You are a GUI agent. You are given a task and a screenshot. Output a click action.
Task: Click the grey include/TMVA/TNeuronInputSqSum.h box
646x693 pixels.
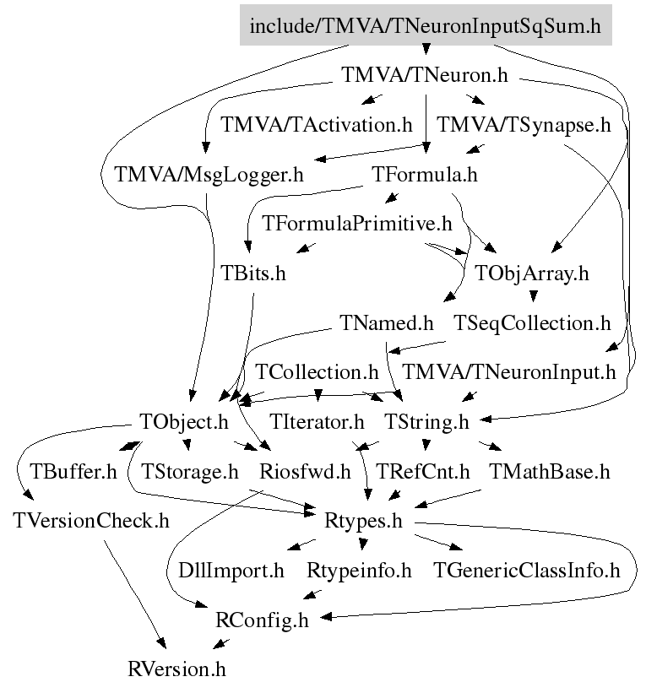[x=426, y=25]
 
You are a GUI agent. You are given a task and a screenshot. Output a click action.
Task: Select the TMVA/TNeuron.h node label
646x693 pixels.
[x=425, y=74]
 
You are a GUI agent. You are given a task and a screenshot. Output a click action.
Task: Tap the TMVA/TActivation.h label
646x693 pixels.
[x=317, y=125]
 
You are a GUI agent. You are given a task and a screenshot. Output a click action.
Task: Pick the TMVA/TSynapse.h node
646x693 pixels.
[x=524, y=125]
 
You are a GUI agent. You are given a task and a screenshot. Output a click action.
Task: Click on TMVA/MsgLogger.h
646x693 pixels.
[x=209, y=175]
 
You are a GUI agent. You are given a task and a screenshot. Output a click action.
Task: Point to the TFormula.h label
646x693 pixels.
[x=425, y=175]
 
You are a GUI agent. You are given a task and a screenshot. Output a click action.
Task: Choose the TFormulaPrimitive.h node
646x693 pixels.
[x=357, y=224]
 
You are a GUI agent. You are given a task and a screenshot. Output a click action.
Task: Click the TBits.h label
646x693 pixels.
[x=253, y=273]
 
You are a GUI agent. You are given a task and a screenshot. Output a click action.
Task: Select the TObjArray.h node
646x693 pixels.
[x=532, y=273]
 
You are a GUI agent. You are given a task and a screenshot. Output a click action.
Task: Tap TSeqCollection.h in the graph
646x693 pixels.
[x=532, y=323]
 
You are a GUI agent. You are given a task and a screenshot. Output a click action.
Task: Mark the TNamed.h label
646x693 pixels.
[x=387, y=323]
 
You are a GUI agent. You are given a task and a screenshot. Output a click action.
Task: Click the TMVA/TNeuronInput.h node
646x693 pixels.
[x=509, y=372]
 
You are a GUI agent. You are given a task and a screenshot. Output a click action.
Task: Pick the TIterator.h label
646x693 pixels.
[x=317, y=422]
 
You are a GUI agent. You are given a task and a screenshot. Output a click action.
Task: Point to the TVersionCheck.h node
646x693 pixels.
[x=91, y=521]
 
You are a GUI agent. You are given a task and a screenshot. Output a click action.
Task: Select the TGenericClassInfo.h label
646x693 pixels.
[x=527, y=571]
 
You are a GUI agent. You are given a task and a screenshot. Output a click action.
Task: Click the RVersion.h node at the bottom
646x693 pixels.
[x=176, y=669]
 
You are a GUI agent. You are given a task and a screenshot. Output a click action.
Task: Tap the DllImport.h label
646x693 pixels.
[x=231, y=571]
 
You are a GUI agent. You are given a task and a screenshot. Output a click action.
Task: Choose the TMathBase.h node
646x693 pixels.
[x=549, y=472]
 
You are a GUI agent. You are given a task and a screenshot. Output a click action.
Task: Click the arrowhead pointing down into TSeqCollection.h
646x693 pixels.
[x=533, y=296]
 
